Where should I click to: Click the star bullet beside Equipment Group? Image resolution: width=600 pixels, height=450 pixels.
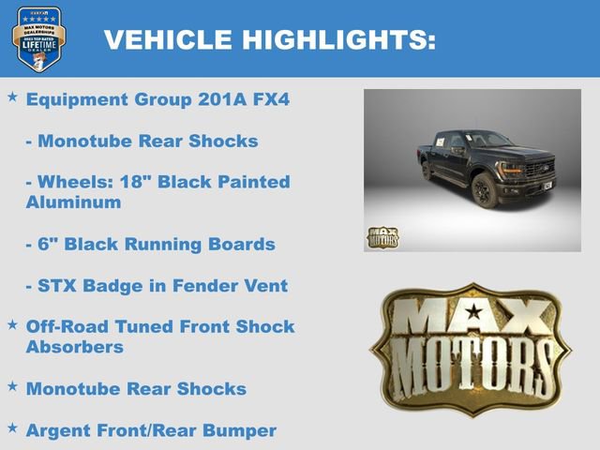pyautogui.click(x=12, y=97)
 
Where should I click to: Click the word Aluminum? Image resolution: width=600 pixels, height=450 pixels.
pyautogui.click(x=73, y=202)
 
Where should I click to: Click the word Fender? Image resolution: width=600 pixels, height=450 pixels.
pyautogui.click(x=208, y=285)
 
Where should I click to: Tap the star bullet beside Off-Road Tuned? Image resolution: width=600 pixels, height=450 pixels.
pyautogui.click(x=12, y=324)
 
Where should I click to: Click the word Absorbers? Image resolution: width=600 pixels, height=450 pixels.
pyautogui.click(x=75, y=347)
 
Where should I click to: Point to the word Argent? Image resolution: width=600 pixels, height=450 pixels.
pyautogui.click(x=57, y=430)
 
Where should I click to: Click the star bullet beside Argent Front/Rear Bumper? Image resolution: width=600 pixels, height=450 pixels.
pyautogui.click(x=12, y=427)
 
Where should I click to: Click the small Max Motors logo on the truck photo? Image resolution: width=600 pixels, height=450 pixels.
pyautogui.click(x=382, y=237)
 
